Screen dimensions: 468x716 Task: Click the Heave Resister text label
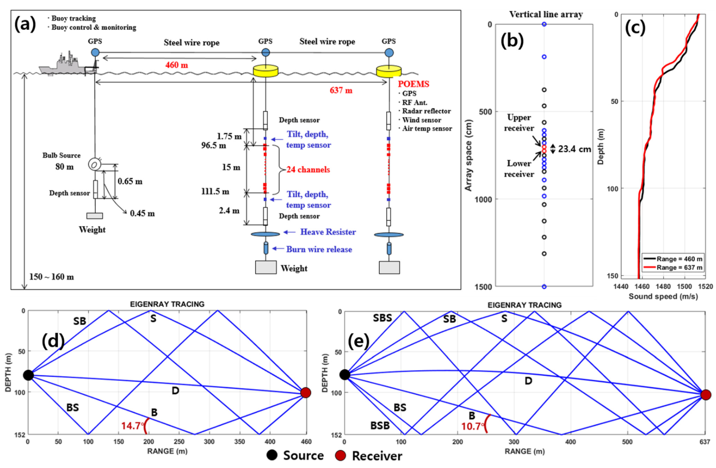(x=328, y=232)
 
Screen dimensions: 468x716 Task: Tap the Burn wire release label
(x=319, y=249)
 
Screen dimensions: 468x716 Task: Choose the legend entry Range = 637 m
(x=679, y=267)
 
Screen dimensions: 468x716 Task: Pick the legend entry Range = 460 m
(x=679, y=259)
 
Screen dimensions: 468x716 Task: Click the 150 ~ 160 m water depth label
(x=51, y=277)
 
